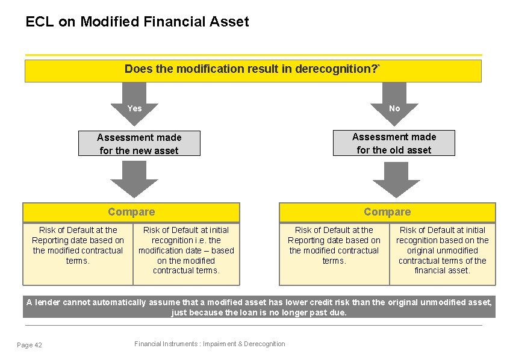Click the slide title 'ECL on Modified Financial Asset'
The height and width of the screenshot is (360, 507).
pyautogui.click(x=137, y=22)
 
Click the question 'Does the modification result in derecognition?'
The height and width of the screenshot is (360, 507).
pyautogui.click(x=252, y=69)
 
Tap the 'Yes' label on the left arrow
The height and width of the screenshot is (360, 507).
pyautogui.click(x=135, y=108)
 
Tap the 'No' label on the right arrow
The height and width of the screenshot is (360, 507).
pyautogui.click(x=394, y=108)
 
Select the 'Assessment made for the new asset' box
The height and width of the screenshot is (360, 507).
pyautogui.click(x=139, y=144)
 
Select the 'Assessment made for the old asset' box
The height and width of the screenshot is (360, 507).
pyautogui.click(x=394, y=143)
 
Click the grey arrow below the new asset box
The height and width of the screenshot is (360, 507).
pyautogui.click(x=135, y=181)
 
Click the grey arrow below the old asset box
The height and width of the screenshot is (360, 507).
pyautogui.click(x=396, y=181)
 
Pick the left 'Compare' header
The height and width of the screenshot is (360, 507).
pyautogui.click(x=131, y=212)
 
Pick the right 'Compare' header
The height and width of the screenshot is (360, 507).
pyautogui.click(x=387, y=212)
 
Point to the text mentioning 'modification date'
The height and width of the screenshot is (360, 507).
pyautogui.click(x=186, y=250)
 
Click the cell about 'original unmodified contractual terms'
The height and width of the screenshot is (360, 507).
pyautogui.click(x=442, y=250)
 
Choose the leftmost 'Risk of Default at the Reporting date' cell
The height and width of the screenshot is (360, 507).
pyautogui.click(x=78, y=245)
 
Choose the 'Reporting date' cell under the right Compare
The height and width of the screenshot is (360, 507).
pyautogui.click(x=334, y=245)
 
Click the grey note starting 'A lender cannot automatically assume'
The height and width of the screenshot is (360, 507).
pyautogui.click(x=259, y=307)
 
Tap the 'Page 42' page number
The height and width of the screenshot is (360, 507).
pyautogui.click(x=30, y=344)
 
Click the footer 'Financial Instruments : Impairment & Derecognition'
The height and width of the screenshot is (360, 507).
pyautogui.click(x=210, y=344)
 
